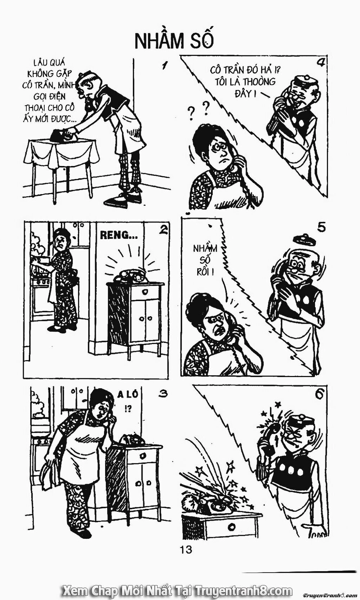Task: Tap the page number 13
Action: pos(185,549)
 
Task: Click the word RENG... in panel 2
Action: pos(118,235)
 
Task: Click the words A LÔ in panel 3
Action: pos(128,395)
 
